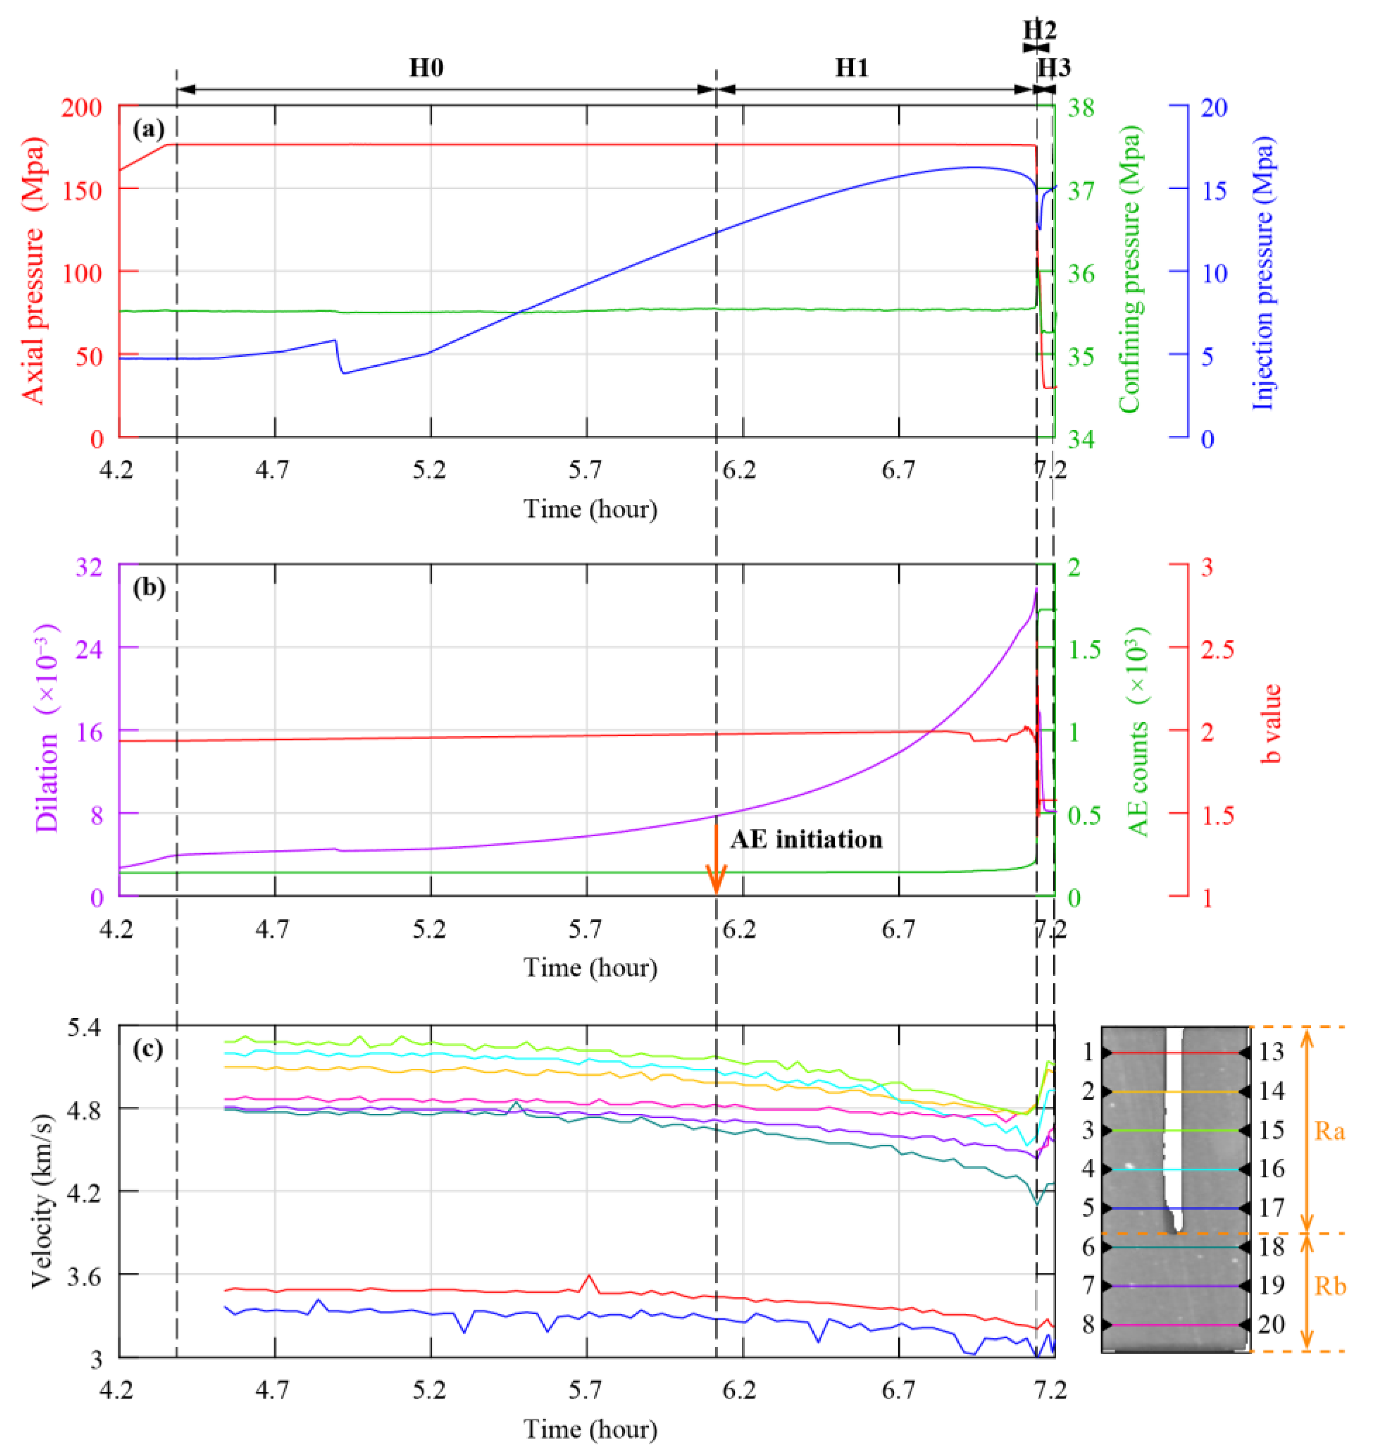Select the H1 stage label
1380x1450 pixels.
(851, 68)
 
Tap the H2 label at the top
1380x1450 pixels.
(1040, 30)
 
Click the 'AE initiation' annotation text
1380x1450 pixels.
(806, 840)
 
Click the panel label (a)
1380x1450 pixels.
(148, 130)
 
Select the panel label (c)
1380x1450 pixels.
(148, 1049)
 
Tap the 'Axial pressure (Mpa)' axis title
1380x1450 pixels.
(33, 271)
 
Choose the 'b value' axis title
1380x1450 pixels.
(1271, 723)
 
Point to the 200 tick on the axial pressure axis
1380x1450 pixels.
(86, 108)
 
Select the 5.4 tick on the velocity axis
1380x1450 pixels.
(86, 1027)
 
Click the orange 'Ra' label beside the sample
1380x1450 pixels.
(1329, 1131)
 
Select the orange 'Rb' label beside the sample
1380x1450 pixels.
(1329, 1286)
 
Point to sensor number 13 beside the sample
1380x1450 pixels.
(1271, 1052)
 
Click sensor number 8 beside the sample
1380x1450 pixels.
(1088, 1324)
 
